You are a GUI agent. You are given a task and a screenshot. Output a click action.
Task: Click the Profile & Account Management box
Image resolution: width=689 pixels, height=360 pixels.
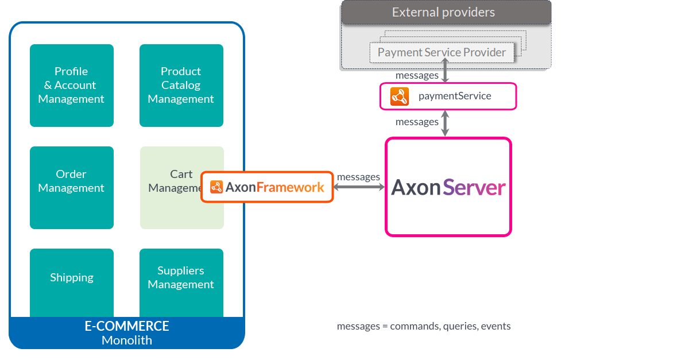pos(71,85)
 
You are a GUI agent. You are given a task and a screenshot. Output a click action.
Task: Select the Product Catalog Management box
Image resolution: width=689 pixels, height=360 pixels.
pos(181,85)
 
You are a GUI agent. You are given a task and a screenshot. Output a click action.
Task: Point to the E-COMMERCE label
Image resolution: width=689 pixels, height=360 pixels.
pos(127,326)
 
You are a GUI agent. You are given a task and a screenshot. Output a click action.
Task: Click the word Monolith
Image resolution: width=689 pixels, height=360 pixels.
pos(127,340)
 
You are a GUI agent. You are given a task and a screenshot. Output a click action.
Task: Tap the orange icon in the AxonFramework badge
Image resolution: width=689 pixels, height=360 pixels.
pos(216,187)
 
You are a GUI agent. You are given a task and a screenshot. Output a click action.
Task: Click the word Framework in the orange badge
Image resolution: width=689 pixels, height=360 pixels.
pos(290,187)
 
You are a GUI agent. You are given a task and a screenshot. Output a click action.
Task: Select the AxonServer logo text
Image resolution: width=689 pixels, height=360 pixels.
pos(448,188)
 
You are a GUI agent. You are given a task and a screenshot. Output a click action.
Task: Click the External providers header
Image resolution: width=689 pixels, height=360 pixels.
pos(443,12)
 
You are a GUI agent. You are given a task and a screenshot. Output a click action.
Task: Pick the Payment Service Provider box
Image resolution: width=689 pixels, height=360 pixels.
pos(442,53)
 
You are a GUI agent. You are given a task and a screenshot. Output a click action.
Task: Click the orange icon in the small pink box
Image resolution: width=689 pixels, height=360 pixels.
pos(399,96)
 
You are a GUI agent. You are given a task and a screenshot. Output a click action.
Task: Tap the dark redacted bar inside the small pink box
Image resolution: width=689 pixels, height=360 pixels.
pos(455,96)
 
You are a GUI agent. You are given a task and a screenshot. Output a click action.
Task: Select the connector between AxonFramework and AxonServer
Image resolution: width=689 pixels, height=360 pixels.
pos(359,187)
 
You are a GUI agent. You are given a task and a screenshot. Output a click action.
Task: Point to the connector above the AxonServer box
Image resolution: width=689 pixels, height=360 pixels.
pos(445,123)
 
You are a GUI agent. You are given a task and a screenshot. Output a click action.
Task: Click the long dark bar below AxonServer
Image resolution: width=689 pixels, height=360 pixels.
pos(424,327)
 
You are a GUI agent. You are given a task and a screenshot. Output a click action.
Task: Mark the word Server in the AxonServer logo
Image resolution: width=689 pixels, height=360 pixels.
pos(474,188)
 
